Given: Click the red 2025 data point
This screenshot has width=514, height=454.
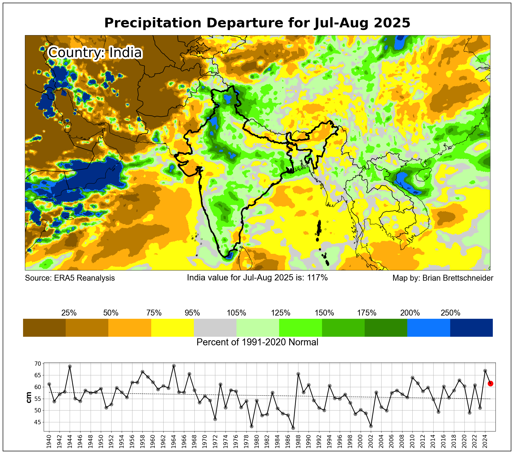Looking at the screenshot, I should click(490, 384).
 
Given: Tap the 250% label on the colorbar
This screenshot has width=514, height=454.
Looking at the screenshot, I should click(450, 313).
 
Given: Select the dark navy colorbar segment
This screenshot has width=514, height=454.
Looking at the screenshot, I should click(471, 328).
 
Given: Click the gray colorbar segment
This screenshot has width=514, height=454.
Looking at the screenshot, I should click(215, 328).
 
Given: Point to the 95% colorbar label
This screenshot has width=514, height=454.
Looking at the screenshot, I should click(192, 313).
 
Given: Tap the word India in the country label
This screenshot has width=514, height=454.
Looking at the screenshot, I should click(125, 52).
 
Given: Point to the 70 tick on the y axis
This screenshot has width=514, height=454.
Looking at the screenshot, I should click(38, 364).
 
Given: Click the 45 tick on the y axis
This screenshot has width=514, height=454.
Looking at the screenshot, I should click(38, 422).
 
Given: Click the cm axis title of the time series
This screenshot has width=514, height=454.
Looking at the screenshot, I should click(29, 397).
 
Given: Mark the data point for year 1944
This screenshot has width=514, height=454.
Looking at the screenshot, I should click(70, 366).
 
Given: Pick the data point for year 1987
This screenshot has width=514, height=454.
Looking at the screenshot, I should click(293, 428).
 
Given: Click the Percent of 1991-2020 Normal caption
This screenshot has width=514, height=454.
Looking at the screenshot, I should click(257, 342).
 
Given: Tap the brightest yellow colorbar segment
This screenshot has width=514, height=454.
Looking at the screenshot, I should click(172, 328).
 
